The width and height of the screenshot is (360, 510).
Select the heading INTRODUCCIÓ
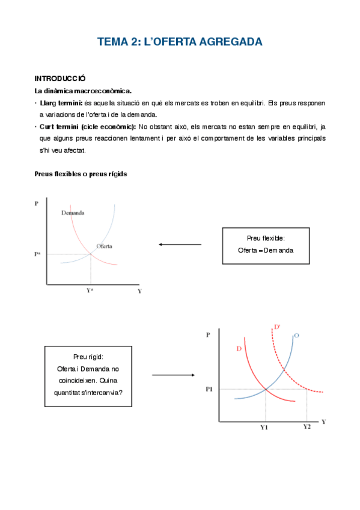pos(60,79)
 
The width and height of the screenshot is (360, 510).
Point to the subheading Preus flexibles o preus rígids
pos(81,174)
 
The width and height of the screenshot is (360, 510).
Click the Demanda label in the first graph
pos(73,213)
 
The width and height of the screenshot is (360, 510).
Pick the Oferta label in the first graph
pos(104,246)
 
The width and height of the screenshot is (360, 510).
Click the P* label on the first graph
pos(38,254)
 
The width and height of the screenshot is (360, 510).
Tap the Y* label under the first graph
pos(90,290)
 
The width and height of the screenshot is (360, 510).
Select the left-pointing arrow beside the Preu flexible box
pos(180,244)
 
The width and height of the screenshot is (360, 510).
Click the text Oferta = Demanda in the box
pos(265,250)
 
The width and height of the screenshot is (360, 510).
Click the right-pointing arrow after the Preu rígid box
pos(171,375)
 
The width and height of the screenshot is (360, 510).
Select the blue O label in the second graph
pos(296,335)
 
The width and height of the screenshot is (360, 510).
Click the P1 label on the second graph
pos(209,389)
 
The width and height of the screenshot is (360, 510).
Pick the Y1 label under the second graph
pos(264,427)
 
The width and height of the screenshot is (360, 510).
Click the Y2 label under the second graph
pos(307,426)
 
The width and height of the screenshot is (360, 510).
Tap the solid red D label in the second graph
pos(239,349)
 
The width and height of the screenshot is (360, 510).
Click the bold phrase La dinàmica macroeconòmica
pos(83,91)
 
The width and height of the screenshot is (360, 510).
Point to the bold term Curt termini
pos(61,127)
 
